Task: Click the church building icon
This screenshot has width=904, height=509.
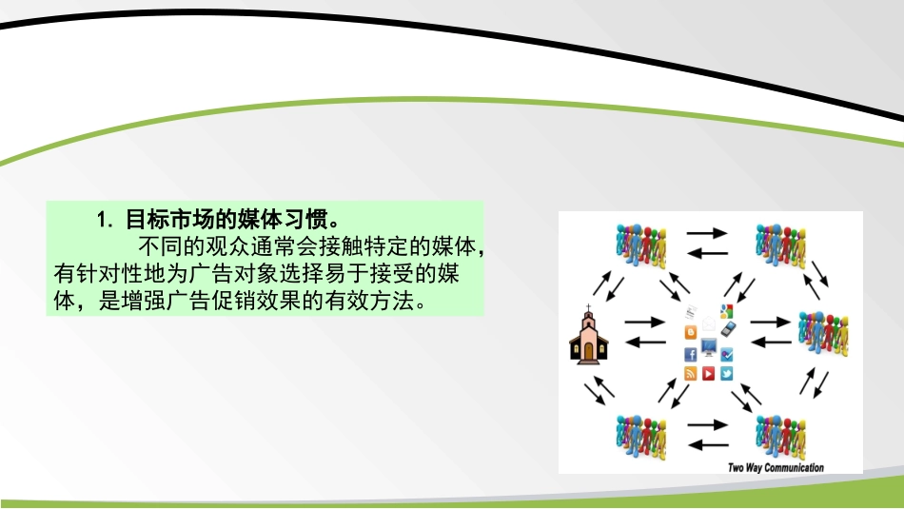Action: tap(588, 338)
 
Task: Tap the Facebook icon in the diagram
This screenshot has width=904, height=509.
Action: tap(691, 354)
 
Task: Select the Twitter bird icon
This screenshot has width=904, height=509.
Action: tap(726, 373)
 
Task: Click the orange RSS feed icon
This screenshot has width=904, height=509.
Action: tap(691, 373)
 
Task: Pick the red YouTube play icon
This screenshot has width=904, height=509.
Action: tap(709, 373)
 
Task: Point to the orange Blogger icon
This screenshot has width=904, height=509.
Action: tap(691, 332)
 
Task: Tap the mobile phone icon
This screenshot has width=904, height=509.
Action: tap(728, 330)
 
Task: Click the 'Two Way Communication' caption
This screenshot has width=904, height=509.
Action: tap(776, 466)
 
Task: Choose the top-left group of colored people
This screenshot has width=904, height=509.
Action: tap(639, 245)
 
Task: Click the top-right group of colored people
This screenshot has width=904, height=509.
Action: tap(780, 245)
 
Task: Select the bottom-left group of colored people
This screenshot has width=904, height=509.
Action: tap(639, 435)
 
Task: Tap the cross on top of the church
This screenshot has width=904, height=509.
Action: tap(588, 308)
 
